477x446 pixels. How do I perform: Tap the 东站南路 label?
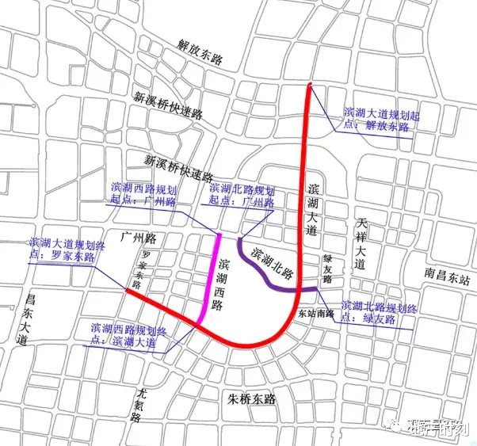[313, 313]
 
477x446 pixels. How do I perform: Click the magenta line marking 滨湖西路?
[211, 277]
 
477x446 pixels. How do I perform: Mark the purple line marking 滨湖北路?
[261, 273]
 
